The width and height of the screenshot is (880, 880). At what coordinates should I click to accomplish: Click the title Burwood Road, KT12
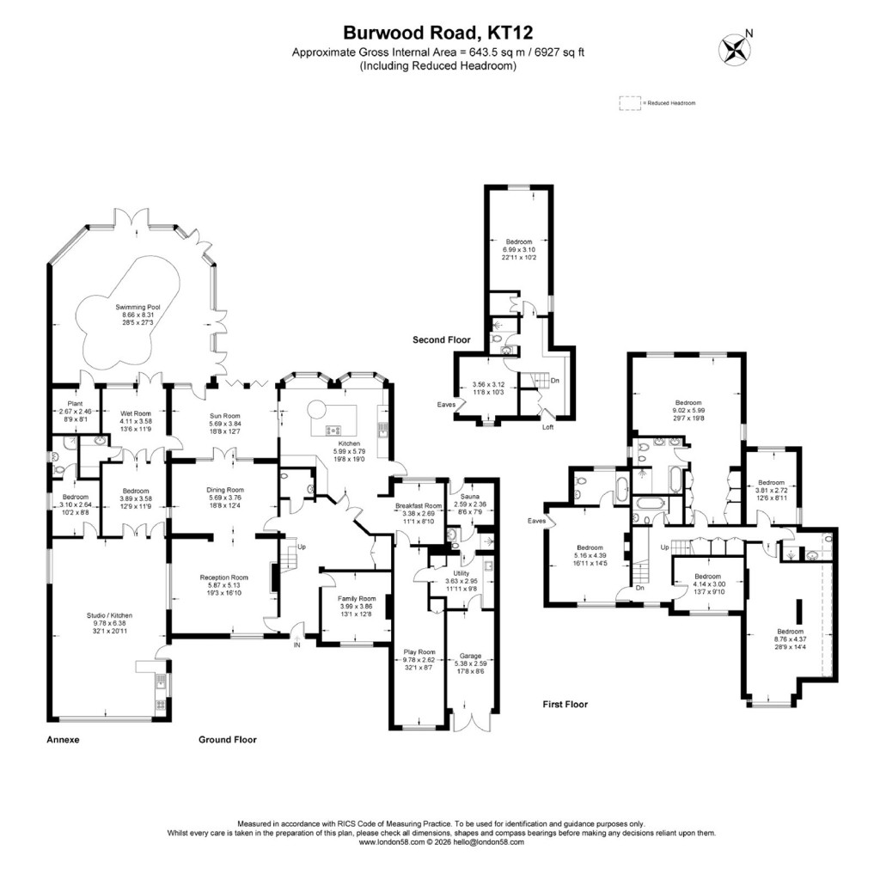coord(438,34)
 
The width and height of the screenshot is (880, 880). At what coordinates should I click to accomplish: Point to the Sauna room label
coord(469,497)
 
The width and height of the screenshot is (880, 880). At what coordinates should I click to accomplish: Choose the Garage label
coord(470,656)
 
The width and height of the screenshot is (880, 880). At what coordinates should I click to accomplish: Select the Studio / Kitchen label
coord(108,615)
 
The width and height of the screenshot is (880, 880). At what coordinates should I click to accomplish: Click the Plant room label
coord(73,405)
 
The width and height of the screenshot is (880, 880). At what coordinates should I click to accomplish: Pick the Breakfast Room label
coord(418,506)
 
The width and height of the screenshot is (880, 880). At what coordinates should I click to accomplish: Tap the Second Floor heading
coord(443,340)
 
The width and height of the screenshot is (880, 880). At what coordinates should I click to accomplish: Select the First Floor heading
coord(565,704)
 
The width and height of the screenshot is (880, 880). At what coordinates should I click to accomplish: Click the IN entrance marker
coord(297,644)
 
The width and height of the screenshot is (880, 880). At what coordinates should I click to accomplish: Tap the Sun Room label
coord(227,416)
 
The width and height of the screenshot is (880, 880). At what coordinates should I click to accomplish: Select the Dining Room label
coord(225,490)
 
